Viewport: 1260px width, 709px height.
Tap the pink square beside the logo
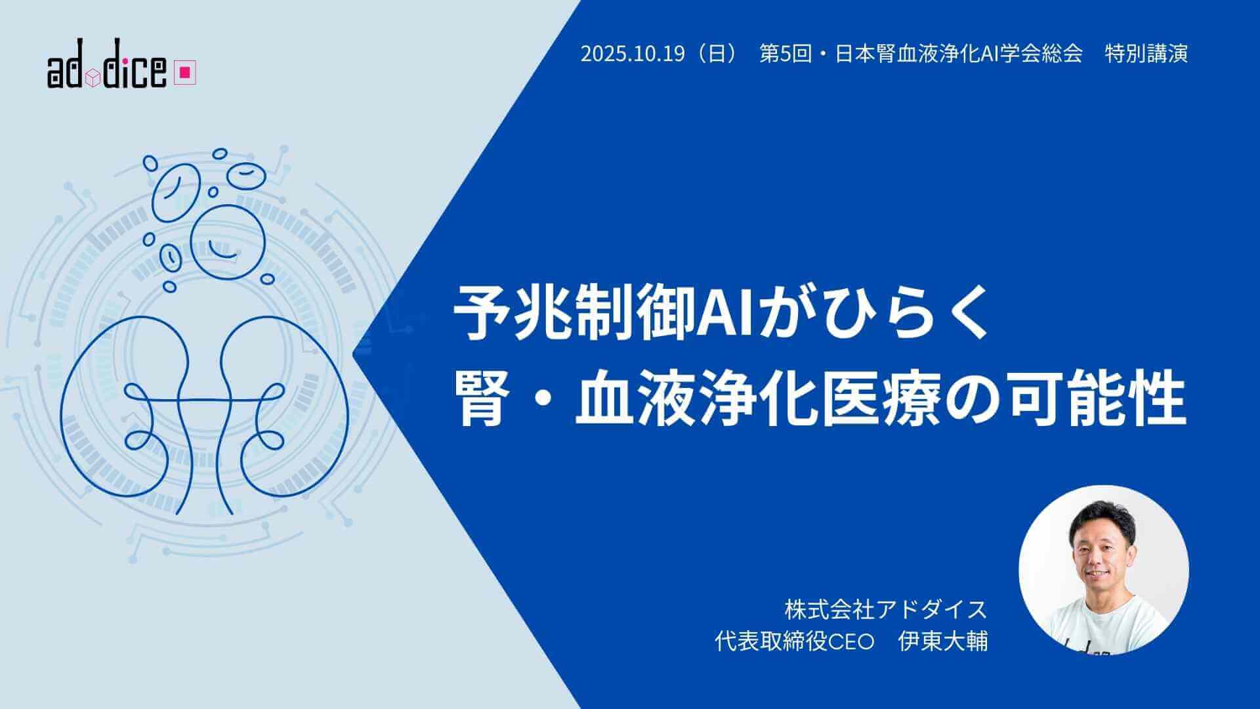click(x=185, y=74)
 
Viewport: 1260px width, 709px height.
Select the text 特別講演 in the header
click(x=1146, y=53)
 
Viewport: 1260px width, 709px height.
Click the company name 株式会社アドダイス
click(x=886, y=609)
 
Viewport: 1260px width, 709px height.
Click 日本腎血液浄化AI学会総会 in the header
click(x=958, y=53)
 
